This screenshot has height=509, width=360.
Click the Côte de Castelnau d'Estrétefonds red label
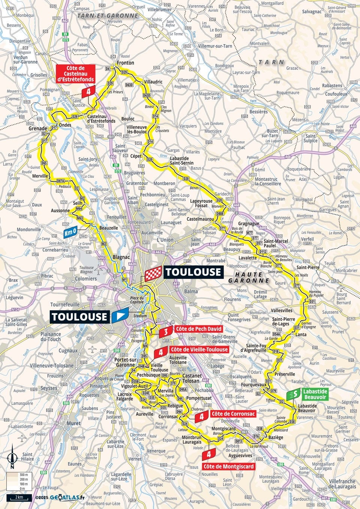point(75,73)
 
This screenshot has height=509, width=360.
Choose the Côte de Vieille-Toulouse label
point(199,349)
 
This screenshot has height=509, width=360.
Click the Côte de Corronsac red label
point(233,414)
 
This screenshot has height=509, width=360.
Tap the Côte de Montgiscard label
point(228,467)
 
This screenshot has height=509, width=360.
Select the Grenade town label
point(37,128)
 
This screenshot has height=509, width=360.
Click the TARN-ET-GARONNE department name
point(107,16)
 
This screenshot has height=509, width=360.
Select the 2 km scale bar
point(18,497)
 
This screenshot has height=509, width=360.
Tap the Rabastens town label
point(332,85)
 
